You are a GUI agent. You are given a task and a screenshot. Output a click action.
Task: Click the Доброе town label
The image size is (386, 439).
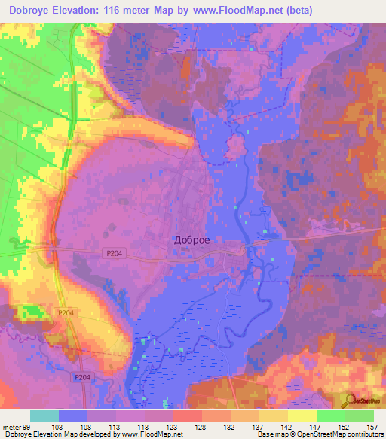(191, 240)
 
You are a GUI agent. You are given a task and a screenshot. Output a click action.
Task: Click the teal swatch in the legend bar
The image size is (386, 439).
(44, 416)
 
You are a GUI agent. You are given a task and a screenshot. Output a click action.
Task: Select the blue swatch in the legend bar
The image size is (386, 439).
(73, 416)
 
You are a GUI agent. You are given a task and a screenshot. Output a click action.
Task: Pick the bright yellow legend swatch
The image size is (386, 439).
(302, 416)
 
